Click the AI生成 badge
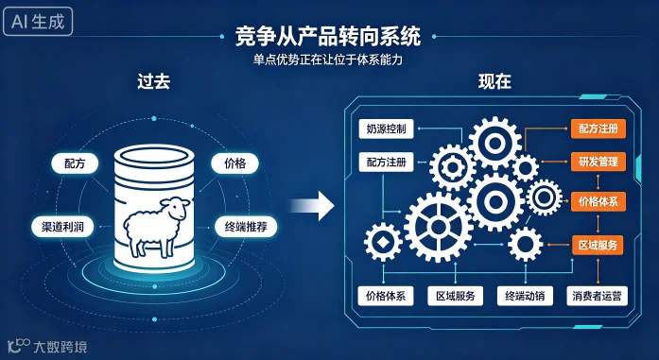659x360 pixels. [x=38, y=22]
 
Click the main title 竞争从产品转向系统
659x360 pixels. [x=328, y=36]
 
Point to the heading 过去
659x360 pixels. [x=154, y=82]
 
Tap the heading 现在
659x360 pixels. [x=494, y=82]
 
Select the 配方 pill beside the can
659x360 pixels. [x=75, y=163]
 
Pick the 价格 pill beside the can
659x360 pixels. [x=234, y=163]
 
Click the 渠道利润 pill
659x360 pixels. [x=62, y=228]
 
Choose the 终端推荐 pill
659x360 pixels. [x=246, y=228]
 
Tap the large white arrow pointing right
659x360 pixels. [x=312, y=206]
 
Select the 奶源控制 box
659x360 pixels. [x=387, y=129]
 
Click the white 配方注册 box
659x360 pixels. [x=387, y=163]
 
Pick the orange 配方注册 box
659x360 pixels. [x=598, y=129]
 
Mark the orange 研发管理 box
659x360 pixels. [x=598, y=162]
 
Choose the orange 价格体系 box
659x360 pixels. [x=598, y=201]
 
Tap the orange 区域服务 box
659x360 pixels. [x=598, y=246]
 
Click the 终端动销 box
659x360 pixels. [x=525, y=296]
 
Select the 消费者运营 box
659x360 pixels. [x=597, y=296]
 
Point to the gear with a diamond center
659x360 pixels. [x=383, y=242]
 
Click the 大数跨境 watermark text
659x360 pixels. [x=61, y=347]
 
